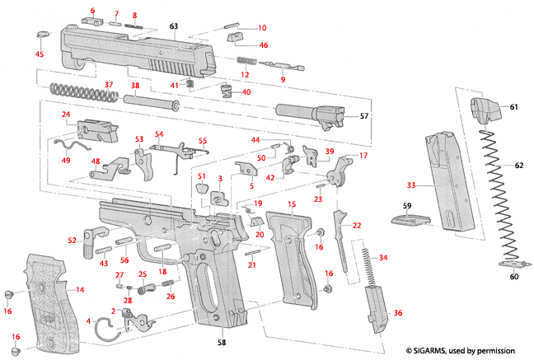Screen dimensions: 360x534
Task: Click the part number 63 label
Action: point(174,27)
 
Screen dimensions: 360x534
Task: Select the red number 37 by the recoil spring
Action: point(108,85)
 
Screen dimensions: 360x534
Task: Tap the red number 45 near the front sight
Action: point(39,54)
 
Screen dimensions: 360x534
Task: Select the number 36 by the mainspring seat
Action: point(399,313)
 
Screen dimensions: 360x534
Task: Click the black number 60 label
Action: point(513,278)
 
